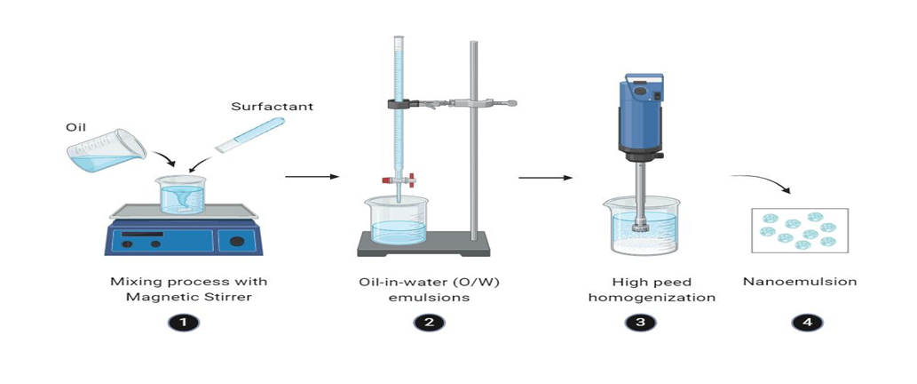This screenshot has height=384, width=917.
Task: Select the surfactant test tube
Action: (249, 135)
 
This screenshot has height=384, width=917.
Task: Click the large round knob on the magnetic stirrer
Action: (237, 241)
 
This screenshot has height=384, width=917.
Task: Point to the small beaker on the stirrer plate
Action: (182, 195)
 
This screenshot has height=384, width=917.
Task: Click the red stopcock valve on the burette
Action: (399, 180)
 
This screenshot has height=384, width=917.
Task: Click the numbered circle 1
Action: (185, 322)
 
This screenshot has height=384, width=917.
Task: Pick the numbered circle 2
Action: (430, 322)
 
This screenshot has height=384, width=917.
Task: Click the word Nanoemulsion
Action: (800, 282)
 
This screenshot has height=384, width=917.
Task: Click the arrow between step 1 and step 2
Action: (312, 176)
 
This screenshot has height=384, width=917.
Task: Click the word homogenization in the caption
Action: (652, 298)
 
